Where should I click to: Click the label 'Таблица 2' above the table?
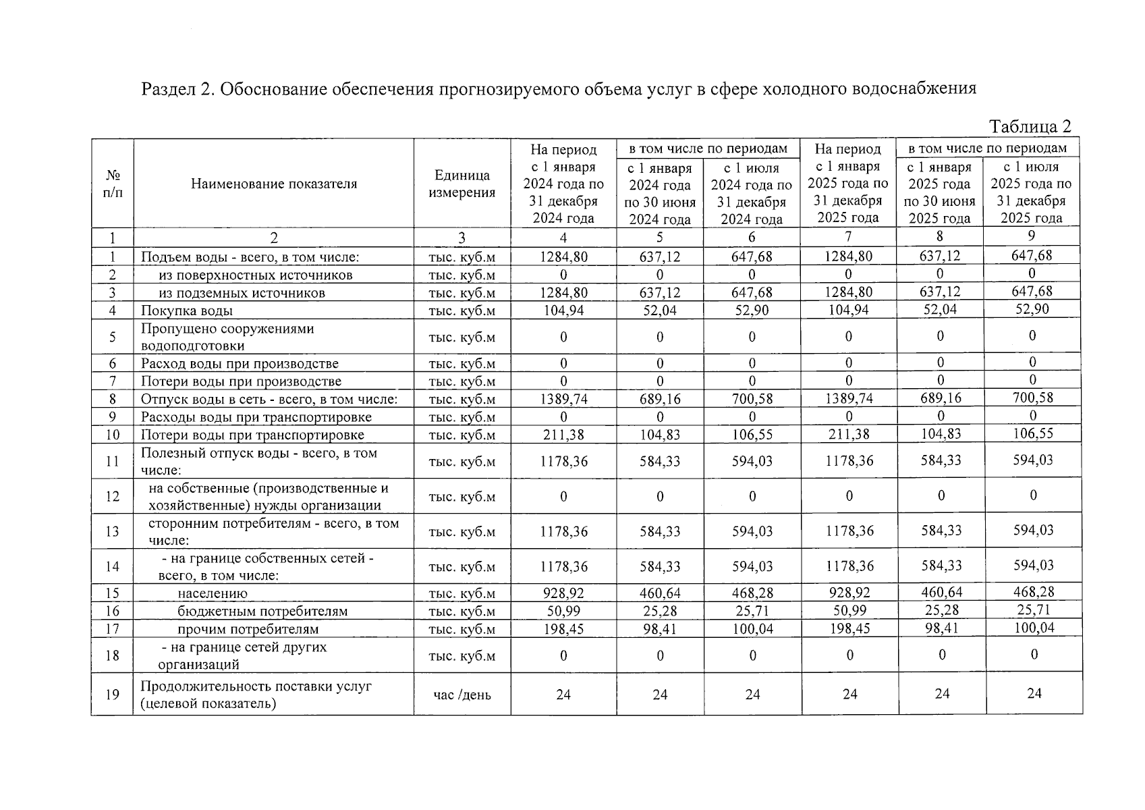[1030, 127]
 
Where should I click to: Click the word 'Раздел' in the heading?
[167, 89]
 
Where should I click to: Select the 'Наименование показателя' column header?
[273, 184]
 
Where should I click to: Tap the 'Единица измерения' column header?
[462, 184]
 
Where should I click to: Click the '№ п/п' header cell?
[113, 184]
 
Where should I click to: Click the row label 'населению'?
[213, 594]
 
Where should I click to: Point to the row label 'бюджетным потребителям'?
[262, 612]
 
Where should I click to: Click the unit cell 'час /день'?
[462, 695]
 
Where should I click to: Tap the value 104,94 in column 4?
[563, 310]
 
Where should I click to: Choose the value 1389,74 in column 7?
[849, 399]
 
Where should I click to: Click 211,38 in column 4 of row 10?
[563, 435]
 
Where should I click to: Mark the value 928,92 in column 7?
[849, 593]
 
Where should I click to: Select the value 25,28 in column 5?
[660, 612]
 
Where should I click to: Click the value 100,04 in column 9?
[1033, 628]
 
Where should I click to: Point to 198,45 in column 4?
[563, 629]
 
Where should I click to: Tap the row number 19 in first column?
[113, 695]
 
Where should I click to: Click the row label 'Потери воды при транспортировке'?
[252, 435]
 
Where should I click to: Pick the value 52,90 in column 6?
[752, 310]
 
